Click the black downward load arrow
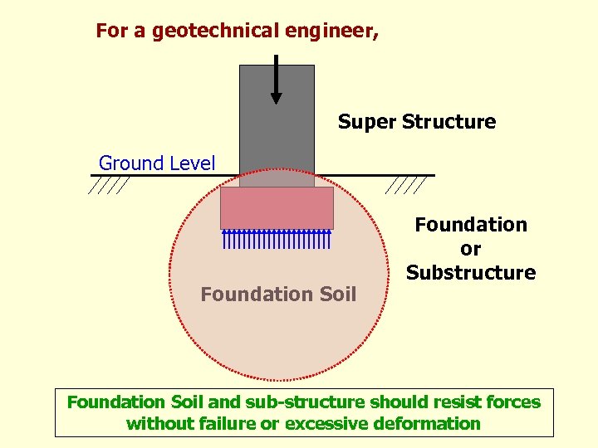click(x=277, y=80)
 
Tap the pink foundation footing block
click(x=277, y=207)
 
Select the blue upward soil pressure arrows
click(x=277, y=239)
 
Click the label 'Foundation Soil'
click(x=278, y=294)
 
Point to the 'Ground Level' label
click(x=157, y=163)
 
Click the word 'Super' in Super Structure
click(x=366, y=122)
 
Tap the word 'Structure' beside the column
click(x=448, y=122)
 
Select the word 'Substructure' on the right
click(x=471, y=272)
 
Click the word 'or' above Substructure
click(x=470, y=248)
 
